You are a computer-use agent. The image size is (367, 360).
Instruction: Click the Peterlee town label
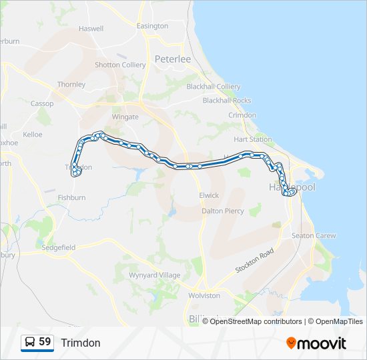click(x=173, y=59)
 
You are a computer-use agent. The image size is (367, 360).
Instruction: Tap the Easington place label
click(x=152, y=26)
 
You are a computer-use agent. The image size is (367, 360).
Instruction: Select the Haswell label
click(x=91, y=29)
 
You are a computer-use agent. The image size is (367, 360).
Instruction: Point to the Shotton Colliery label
click(x=120, y=65)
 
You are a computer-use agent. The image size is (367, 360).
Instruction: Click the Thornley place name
click(x=71, y=85)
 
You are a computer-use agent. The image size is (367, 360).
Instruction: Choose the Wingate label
click(x=125, y=117)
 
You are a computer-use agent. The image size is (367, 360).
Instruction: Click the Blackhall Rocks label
click(x=228, y=100)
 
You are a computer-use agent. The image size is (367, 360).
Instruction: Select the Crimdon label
click(x=242, y=115)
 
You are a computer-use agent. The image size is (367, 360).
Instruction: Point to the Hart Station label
click(x=253, y=139)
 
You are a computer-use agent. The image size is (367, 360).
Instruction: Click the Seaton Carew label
click(x=314, y=235)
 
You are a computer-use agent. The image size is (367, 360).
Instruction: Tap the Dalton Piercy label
click(x=223, y=211)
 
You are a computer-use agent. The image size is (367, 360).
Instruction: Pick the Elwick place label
click(x=209, y=195)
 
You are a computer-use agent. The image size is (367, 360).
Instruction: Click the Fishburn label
click(x=71, y=197)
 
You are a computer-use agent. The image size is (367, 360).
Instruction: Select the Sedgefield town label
click(x=59, y=247)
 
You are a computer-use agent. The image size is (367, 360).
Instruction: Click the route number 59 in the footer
click(x=45, y=342)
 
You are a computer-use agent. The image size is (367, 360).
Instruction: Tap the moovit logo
click(x=316, y=343)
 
